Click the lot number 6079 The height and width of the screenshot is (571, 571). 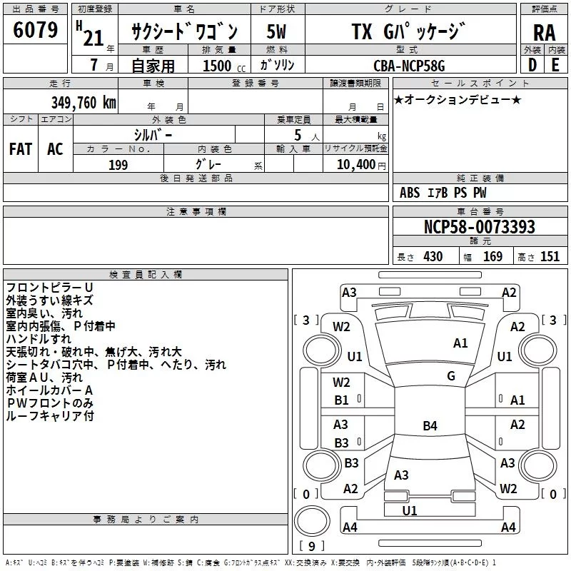tap(35, 30)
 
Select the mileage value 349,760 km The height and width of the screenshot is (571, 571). tap(84, 102)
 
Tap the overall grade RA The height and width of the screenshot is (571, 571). tap(544, 33)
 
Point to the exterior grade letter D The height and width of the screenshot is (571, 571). tap(532, 65)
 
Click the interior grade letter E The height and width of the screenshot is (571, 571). tap(555, 65)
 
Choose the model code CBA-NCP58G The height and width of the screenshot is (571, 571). tap(409, 66)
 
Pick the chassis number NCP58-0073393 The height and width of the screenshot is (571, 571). tap(479, 226)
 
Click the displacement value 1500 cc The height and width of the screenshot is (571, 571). tap(224, 66)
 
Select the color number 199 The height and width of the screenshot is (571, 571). tap(118, 165)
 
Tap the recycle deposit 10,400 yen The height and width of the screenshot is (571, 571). tap(361, 165)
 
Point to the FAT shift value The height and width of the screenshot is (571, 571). tap(21, 149)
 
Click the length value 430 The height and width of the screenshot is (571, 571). tap(433, 256)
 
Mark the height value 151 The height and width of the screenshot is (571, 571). tap(550, 256)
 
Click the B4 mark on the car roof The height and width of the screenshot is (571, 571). tap(430, 425)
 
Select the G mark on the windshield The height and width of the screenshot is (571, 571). tap(451, 376)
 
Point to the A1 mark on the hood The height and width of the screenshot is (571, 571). tap(460, 343)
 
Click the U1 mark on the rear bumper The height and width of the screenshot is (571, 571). tap(410, 510)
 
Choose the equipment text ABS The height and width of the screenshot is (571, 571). tap(410, 193)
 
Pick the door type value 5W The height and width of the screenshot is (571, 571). tap(276, 31)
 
